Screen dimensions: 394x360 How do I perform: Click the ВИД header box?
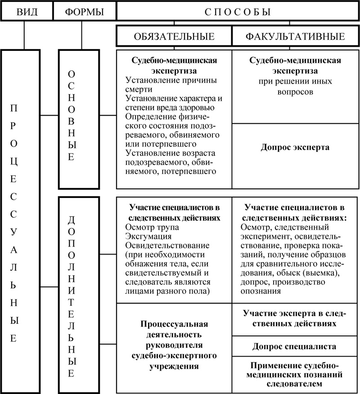[26, 11]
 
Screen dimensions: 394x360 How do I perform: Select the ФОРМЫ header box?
[84, 11]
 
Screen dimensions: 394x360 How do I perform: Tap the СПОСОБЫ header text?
[238, 11]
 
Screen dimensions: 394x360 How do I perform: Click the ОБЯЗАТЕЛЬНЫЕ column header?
[174, 36]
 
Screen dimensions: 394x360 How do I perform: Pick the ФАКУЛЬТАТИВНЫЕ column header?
[295, 36]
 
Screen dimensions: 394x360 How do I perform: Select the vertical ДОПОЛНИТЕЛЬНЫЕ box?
[78, 294]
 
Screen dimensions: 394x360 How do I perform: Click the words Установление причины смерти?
[171, 85]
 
